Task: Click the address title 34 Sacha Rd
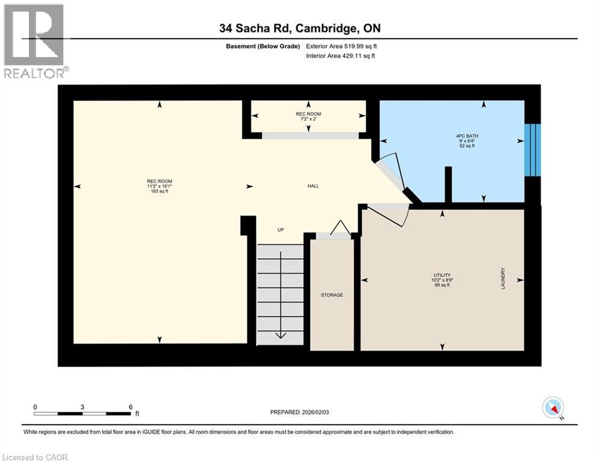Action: tap(299, 28)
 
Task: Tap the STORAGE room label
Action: tap(332, 295)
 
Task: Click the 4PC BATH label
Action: tap(467, 136)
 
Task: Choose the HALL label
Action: tap(313, 186)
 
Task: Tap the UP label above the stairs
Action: tap(280, 230)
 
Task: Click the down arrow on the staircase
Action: tap(281, 334)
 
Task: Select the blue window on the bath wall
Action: tap(532, 150)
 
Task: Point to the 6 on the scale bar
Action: tap(131, 407)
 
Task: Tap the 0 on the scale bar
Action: tap(36, 407)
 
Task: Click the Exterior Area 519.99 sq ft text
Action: tap(341, 46)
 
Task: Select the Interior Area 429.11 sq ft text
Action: tap(341, 56)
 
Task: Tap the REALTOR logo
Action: tap(34, 41)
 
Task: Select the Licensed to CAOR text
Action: tap(36, 457)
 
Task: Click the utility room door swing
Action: tap(388, 214)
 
